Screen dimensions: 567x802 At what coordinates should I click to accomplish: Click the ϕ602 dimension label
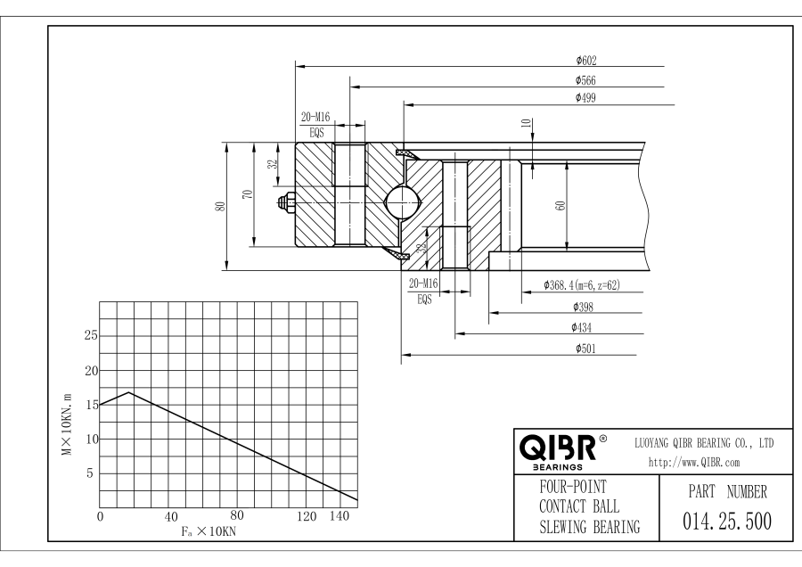[586, 61]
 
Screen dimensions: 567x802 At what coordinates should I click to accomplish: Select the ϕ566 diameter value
[586, 81]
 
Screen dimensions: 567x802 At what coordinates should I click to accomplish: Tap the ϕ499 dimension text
[586, 97]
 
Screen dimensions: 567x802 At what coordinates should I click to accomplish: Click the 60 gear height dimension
[561, 205]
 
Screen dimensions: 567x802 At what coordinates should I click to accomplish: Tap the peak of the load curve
[130, 392]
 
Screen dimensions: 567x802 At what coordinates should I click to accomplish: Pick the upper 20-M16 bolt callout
[315, 118]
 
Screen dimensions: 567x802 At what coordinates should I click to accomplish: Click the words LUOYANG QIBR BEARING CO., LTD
[703, 442]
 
